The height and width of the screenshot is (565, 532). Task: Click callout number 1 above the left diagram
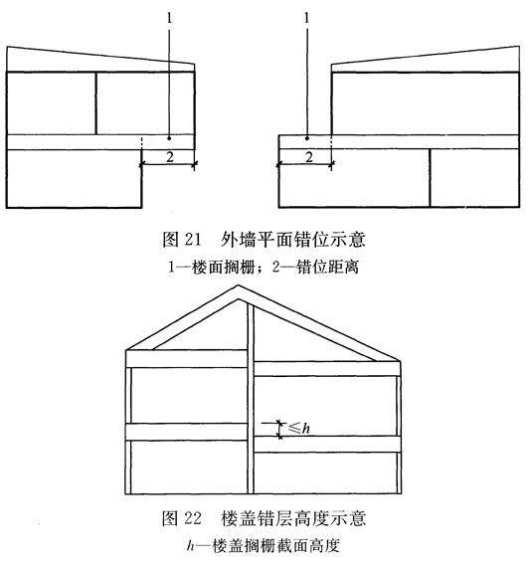[170, 18]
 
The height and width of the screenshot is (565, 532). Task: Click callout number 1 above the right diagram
[307, 18]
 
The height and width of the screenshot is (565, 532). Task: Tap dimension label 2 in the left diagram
[170, 157]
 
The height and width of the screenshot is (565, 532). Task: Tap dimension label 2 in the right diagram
[309, 157]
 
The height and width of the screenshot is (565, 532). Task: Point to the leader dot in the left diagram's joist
[169, 138]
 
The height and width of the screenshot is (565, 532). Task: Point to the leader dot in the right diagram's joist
[307, 138]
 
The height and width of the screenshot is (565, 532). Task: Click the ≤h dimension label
[299, 428]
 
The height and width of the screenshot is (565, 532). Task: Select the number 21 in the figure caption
[192, 240]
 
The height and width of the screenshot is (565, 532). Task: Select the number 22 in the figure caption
[193, 518]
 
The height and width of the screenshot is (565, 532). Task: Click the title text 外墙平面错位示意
[293, 240]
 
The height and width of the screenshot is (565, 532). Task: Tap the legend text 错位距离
[327, 268]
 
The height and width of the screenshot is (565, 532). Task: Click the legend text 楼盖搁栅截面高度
[275, 546]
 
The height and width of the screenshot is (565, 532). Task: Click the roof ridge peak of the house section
[238, 285]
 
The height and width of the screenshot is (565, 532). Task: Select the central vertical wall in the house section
[251, 399]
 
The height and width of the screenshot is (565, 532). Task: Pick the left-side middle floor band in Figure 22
[187, 432]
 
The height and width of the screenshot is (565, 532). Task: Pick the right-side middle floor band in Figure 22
[327, 444]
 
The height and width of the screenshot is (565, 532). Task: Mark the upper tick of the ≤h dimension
[279, 423]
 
